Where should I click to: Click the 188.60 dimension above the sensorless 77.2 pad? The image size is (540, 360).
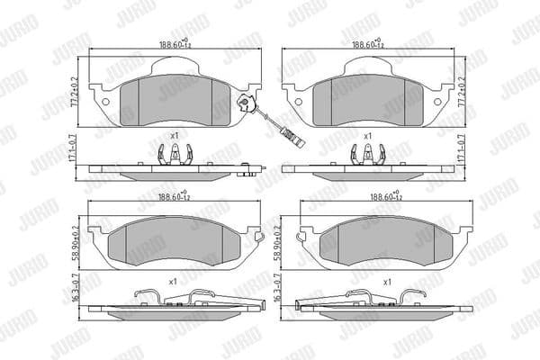[370, 41]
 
